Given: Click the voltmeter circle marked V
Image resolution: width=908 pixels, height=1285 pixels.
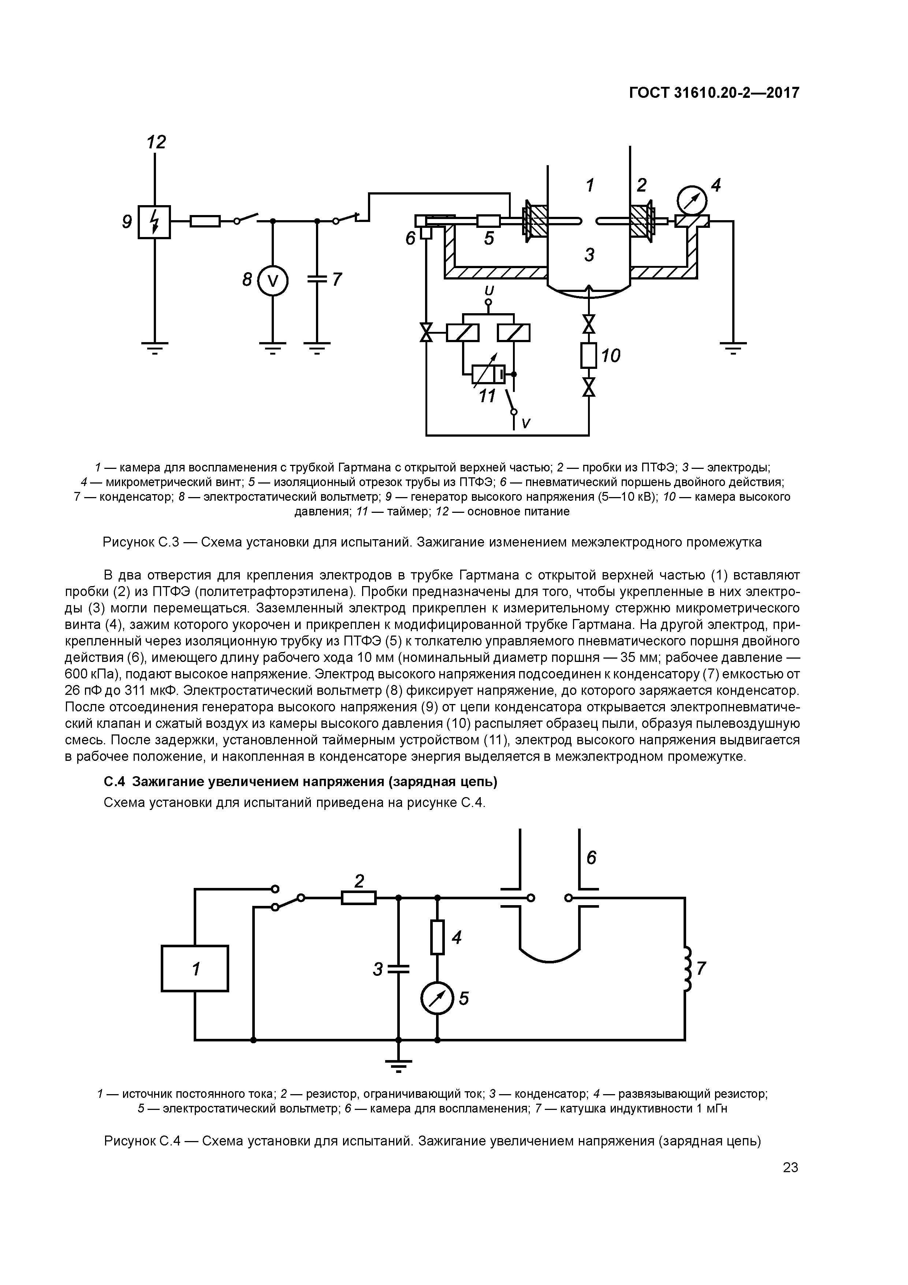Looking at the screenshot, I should tap(272, 280).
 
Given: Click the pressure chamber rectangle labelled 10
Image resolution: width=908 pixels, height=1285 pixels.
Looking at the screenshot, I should tap(588, 355).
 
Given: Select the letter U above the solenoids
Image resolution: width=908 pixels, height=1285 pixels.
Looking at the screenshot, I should tap(488, 290).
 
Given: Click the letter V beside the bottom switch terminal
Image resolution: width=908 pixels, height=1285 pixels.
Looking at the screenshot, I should tap(525, 424).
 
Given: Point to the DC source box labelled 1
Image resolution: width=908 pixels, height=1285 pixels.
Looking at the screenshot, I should tap(195, 968).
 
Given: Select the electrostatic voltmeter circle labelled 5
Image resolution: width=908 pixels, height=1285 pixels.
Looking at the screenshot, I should tap(437, 998).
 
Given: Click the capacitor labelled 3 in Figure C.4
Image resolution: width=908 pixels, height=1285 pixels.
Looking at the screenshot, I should tap(398, 969).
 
